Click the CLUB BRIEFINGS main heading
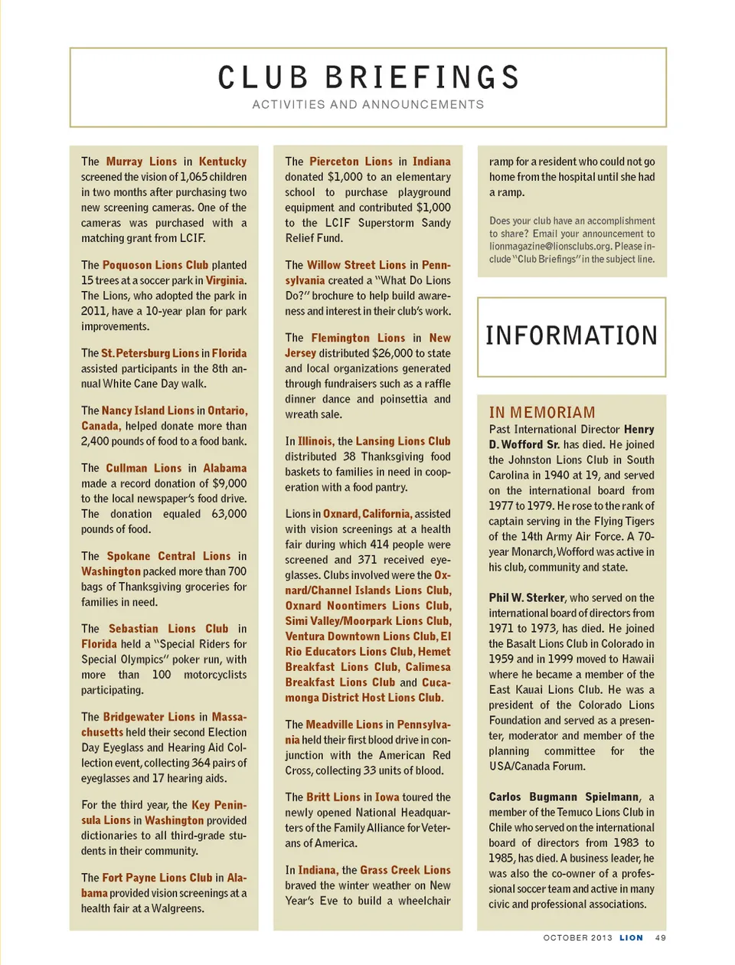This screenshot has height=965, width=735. pos(368,77)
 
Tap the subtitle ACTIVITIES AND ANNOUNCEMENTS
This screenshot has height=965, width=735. pos(368,104)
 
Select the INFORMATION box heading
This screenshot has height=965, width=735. pos(571,335)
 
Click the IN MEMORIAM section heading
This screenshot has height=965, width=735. pos(542,412)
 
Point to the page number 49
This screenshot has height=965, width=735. pos(660,937)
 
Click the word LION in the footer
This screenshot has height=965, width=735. pos(631,937)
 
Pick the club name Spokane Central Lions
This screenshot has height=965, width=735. pos(168,556)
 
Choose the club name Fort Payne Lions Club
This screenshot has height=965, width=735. pos(157,878)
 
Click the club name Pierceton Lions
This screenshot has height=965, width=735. pos(351,162)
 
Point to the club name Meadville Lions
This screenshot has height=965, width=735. pos(344,725)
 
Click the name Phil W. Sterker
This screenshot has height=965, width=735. pos(527,597)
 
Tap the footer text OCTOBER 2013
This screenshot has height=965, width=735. pos(577,937)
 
